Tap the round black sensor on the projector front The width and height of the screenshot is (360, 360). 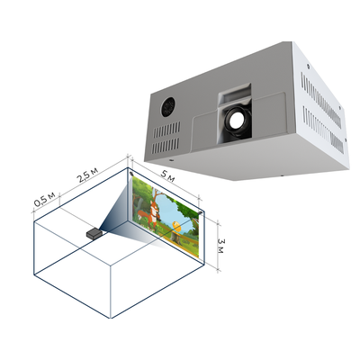coord(168,107)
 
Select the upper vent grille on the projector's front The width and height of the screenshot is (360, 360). coord(167,130)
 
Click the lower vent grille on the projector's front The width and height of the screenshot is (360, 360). coord(166,146)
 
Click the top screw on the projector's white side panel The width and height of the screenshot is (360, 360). coord(308,64)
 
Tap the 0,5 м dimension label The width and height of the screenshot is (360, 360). coord(44,199)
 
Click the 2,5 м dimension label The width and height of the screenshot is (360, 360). coord(87,175)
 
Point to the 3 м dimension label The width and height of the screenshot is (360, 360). coord(220,246)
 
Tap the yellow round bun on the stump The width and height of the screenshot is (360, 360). coord(176,227)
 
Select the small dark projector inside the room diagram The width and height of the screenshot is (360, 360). coord(94,233)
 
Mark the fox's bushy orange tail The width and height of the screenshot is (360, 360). coord(142,215)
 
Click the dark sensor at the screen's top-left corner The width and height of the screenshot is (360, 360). coord(131,174)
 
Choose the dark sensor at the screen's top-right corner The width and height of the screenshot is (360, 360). coord(201,212)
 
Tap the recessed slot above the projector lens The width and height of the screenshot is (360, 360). coord(235,93)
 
